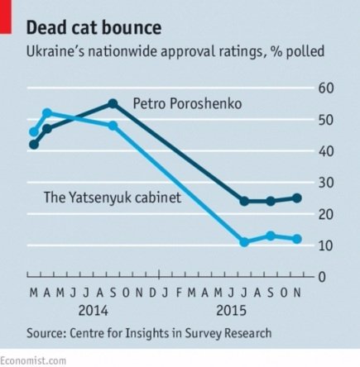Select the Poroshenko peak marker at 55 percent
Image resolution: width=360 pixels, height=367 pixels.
coord(113,103)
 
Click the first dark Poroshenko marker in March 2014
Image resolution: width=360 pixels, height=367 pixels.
coord(34,144)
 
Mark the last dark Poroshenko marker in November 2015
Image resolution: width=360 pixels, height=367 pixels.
coord(297,198)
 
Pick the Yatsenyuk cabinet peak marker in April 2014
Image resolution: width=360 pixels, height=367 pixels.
coord(47,112)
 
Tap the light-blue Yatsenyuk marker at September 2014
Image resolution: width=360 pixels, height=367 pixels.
coord(113,126)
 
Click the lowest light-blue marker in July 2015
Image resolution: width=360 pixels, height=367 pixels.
coord(244,242)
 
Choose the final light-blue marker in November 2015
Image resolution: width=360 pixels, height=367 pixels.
coord(297,239)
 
